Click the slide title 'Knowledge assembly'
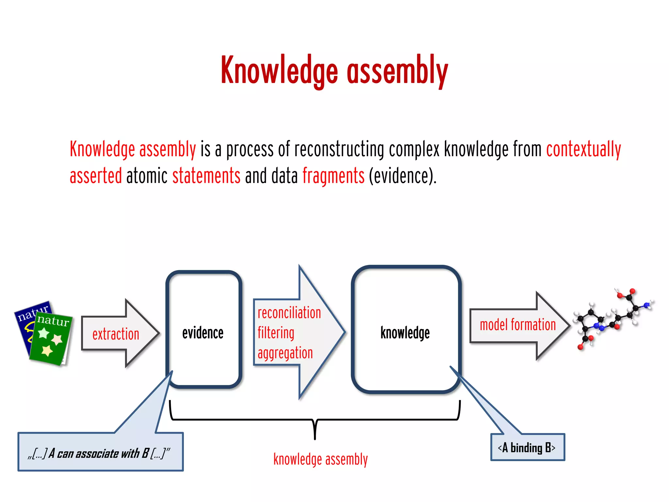point(334,71)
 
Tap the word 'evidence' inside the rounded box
point(203,333)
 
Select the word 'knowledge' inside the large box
point(405,333)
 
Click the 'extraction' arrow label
point(116,334)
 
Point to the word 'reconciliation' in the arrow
point(289,313)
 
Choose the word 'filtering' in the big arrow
point(276,333)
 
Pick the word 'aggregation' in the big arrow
point(285,353)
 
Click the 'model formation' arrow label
point(518,325)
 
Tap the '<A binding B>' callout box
point(527,447)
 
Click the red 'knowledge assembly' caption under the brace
point(320,459)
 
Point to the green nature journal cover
point(51,340)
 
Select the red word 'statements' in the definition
point(206,176)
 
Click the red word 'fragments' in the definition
point(333,176)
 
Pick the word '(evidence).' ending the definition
point(402,176)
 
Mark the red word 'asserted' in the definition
point(96,176)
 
